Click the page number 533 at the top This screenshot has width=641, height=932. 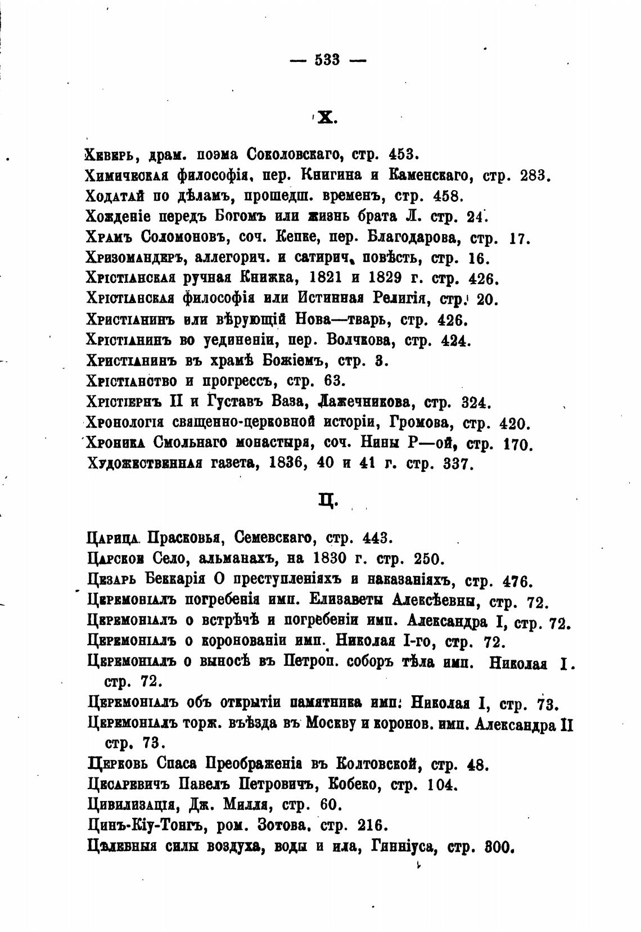[328, 60]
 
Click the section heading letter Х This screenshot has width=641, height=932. [326, 117]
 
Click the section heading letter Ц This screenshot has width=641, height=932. [326, 499]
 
